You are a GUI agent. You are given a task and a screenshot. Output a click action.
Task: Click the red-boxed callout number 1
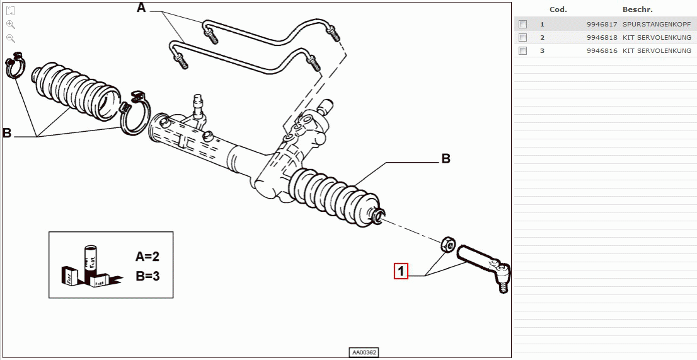(x=401, y=271)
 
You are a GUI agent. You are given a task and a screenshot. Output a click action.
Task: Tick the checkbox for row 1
(x=523, y=24)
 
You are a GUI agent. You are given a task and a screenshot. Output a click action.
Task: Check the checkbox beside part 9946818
(x=523, y=37)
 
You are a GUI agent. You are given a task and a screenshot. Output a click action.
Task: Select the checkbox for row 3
(x=523, y=50)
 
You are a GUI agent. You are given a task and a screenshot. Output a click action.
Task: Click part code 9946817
(x=602, y=24)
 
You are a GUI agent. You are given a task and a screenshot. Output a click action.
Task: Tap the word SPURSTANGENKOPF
(x=657, y=24)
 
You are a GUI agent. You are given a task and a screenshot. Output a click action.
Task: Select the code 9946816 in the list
(x=602, y=50)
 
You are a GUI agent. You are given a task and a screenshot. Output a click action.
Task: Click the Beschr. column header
(x=637, y=9)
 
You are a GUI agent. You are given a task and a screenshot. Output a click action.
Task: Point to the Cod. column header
(x=558, y=9)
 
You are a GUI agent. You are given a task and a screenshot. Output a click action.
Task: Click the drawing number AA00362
(x=365, y=352)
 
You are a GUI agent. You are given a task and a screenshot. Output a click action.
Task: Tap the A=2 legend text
(x=147, y=257)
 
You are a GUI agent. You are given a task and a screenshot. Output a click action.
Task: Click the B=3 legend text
(x=147, y=276)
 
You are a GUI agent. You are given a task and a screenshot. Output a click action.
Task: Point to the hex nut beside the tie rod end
(x=447, y=243)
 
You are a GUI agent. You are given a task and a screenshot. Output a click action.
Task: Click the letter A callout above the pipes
(x=141, y=8)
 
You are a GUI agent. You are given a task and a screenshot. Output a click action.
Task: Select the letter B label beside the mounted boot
(x=446, y=158)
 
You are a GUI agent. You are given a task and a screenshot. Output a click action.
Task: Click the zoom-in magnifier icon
(x=11, y=25)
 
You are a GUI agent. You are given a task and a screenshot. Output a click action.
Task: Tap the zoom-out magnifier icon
(x=11, y=38)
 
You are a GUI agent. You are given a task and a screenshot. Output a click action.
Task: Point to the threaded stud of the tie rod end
(x=504, y=284)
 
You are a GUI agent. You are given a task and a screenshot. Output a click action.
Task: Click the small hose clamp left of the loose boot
(x=14, y=65)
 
